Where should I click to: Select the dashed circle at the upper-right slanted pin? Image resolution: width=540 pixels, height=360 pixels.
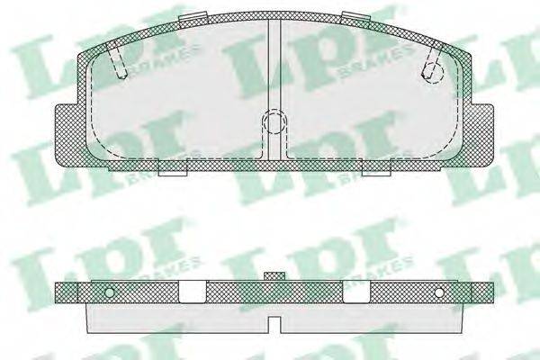[433, 73]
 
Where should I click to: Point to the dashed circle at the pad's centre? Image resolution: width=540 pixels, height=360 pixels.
[274, 122]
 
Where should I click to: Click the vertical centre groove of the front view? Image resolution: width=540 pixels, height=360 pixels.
[274, 89]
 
